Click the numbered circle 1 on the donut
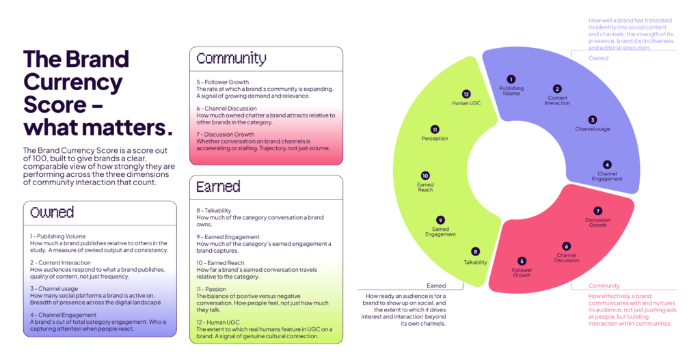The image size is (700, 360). pyautogui.click(x=511, y=79)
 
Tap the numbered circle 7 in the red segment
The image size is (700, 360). pyautogui.click(x=597, y=211)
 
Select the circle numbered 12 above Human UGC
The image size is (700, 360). pyautogui.click(x=466, y=94)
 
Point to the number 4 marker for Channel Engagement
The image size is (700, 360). pyautogui.click(x=607, y=165)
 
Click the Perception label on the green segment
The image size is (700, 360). pyautogui.click(x=435, y=139)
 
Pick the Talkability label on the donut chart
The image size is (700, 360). pyautogui.click(x=476, y=262)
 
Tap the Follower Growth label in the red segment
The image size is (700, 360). pyautogui.click(x=522, y=273)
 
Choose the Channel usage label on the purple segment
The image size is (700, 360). pyautogui.click(x=593, y=129)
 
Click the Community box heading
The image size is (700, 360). pyautogui.click(x=231, y=59)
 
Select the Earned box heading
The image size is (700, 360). pyautogui.click(x=218, y=186)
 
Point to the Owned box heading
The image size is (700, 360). pyautogui.click(x=52, y=212)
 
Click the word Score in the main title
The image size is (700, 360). pyautogui.click(x=55, y=105)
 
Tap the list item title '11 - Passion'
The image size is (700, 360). pyautogui.click(x=211, y=289)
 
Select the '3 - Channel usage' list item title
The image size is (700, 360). pyautogui.click(x=54, y=289)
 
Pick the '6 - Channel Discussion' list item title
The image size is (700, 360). pyautogui.click(x=226, y=109)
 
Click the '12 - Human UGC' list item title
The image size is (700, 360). pyautogui.click(x=218, y=322)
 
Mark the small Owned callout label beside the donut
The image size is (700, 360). pyautogui.click(x=598, y=58)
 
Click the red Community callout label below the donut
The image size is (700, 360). pyautogui.click(x=604, y=286)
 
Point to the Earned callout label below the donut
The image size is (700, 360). pyautogui.click(x=436, y=286)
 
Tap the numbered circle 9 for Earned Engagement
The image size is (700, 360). pyautogui.click(x=440, y=220)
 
